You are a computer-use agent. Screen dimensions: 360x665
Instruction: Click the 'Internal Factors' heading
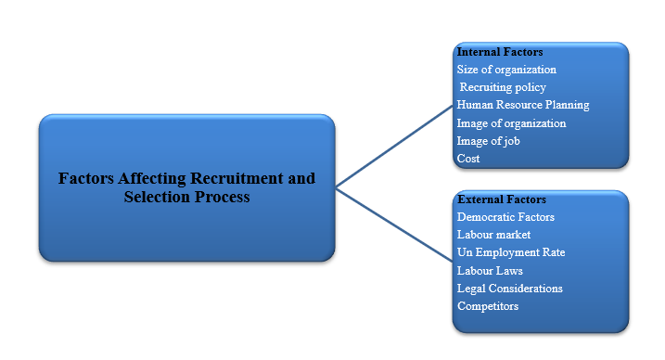[x=500, y=52]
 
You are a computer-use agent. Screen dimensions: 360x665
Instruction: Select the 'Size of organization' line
[x=506, y=70]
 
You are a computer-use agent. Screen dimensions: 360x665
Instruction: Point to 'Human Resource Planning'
[x=523, y=105]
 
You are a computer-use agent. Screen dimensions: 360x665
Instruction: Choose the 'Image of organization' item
[x=511, y=123]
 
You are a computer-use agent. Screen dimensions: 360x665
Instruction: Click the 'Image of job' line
[x=488, y=141]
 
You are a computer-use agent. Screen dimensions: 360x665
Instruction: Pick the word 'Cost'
[x=468, y=159]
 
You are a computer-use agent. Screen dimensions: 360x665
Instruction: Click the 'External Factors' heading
[x=502, y=199]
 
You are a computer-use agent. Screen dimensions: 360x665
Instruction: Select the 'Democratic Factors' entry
[x=505, y=217]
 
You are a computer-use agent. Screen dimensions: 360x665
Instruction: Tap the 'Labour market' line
[x=493, y=235]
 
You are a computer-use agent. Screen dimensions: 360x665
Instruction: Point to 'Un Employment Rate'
[x=511, y=252]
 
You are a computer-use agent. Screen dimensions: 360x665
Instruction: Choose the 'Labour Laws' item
[x=490, y=271]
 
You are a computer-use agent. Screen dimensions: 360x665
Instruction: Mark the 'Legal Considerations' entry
[x=510, y=289]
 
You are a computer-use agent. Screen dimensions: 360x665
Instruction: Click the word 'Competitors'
[x=488, y=306]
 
